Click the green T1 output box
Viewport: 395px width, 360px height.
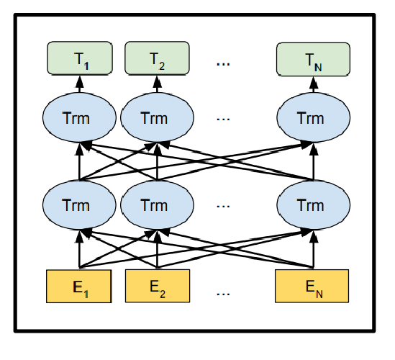coord(80,58)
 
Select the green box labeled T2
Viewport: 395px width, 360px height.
coord(157,58)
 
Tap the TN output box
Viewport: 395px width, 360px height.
coord(313,59)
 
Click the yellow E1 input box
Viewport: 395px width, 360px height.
coord(79,286)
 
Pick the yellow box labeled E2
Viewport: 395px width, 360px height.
coord(158,286)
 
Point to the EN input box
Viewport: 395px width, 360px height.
coord(312,286)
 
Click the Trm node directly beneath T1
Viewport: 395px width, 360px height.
coord(79,117)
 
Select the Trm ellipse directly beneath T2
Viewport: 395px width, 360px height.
coord(157,117)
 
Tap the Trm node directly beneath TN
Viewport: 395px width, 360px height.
coord(314,117)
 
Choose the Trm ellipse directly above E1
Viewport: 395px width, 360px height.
coord(79,205)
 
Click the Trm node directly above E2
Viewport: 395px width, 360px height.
coord(157,205)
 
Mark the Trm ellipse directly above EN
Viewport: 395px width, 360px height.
coord(314,205)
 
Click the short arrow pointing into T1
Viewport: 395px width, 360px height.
coord(80,84)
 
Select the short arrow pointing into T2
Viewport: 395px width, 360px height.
coord(157,84)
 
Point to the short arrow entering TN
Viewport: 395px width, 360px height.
coord(314,85)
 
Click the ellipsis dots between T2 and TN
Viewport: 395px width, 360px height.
coord(223,64)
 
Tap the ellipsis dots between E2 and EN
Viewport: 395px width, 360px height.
coord(223,294)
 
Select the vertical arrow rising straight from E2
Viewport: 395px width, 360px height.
coord(157,249)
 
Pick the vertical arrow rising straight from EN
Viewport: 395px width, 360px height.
coord(314,249)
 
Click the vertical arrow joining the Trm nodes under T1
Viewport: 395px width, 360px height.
coord(80,162)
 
